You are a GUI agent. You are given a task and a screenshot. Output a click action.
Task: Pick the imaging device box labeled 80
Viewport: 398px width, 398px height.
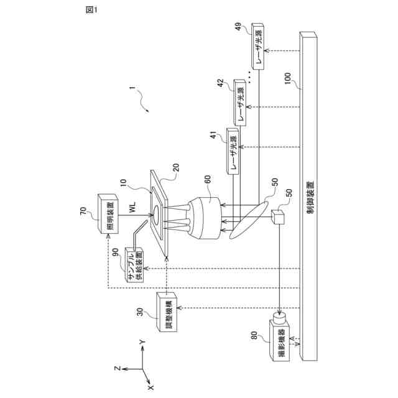coord(281,342)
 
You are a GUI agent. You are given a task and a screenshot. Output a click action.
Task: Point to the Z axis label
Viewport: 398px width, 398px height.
coord(117,369)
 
